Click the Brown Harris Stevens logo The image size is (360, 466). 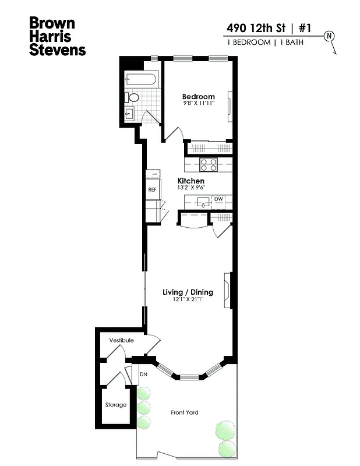[x=57, y=37]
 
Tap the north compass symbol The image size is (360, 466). [x=330, y=36]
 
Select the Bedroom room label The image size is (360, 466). [x=198, y=97]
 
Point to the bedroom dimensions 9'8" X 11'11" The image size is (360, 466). [x=198, y=104]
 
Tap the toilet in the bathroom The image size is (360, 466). [x=133, y=98]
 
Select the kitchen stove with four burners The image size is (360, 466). [x=209, y=165]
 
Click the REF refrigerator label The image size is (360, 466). [x=152, y=190]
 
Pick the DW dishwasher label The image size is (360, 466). [x=218, y=199]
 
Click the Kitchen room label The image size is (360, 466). [x=190, y=181]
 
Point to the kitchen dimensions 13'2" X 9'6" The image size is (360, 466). [x=190, y=188]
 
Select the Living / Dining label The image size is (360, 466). [x=188, y=292]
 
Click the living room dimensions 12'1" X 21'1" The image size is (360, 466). [x=188, y=299]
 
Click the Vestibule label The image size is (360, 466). [x=121, y=340]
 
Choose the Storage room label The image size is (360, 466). [x=115, y=405]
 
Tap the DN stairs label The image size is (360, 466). [x=143, y=374]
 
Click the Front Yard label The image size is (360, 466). [x=184, y=412]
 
